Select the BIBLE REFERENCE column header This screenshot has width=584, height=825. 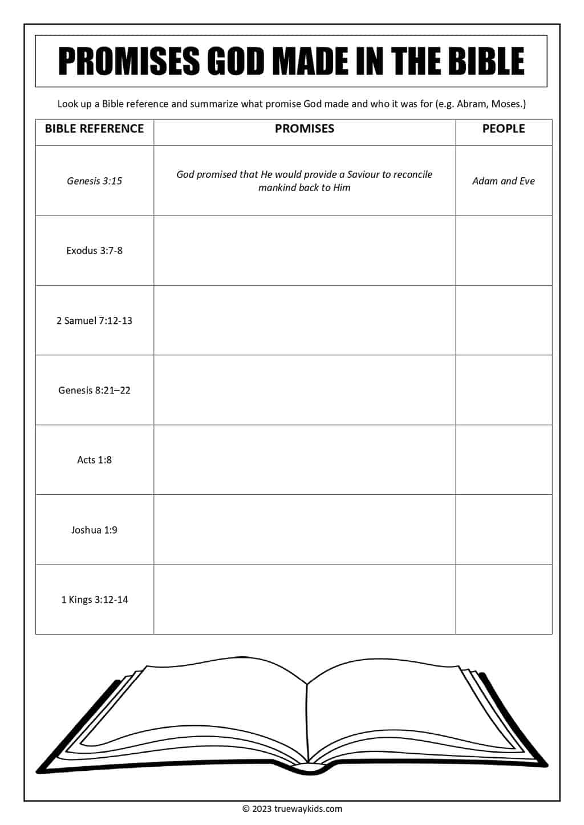point(94,129)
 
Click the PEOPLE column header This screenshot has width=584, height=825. point(503,129)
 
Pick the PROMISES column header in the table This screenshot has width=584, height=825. point(304,129)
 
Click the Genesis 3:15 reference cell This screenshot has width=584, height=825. point(94,181)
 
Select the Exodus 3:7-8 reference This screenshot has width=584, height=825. point(94,251)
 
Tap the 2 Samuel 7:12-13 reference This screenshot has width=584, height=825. point(94,321)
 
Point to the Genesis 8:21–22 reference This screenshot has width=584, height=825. point(94,391)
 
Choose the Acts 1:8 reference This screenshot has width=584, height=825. point(94,460)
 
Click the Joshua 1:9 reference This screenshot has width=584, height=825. point(94,530)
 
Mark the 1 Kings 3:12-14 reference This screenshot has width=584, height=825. point(94,600)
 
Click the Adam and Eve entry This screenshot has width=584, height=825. point(503,181)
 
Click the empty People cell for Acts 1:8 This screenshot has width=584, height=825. point(503,460)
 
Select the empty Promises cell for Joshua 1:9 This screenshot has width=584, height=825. point(304,530)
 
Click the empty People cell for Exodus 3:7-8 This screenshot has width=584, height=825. point(503,251)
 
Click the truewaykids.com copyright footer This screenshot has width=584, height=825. point(292,808)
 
